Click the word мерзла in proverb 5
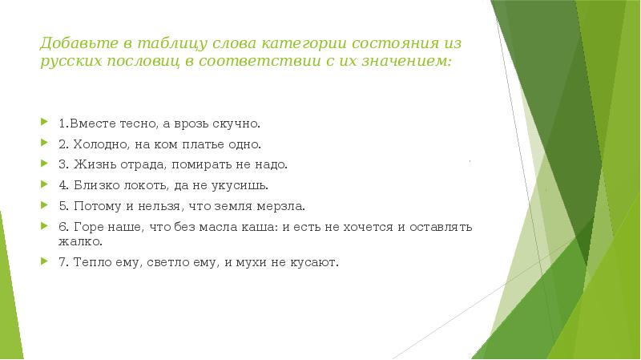283,204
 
